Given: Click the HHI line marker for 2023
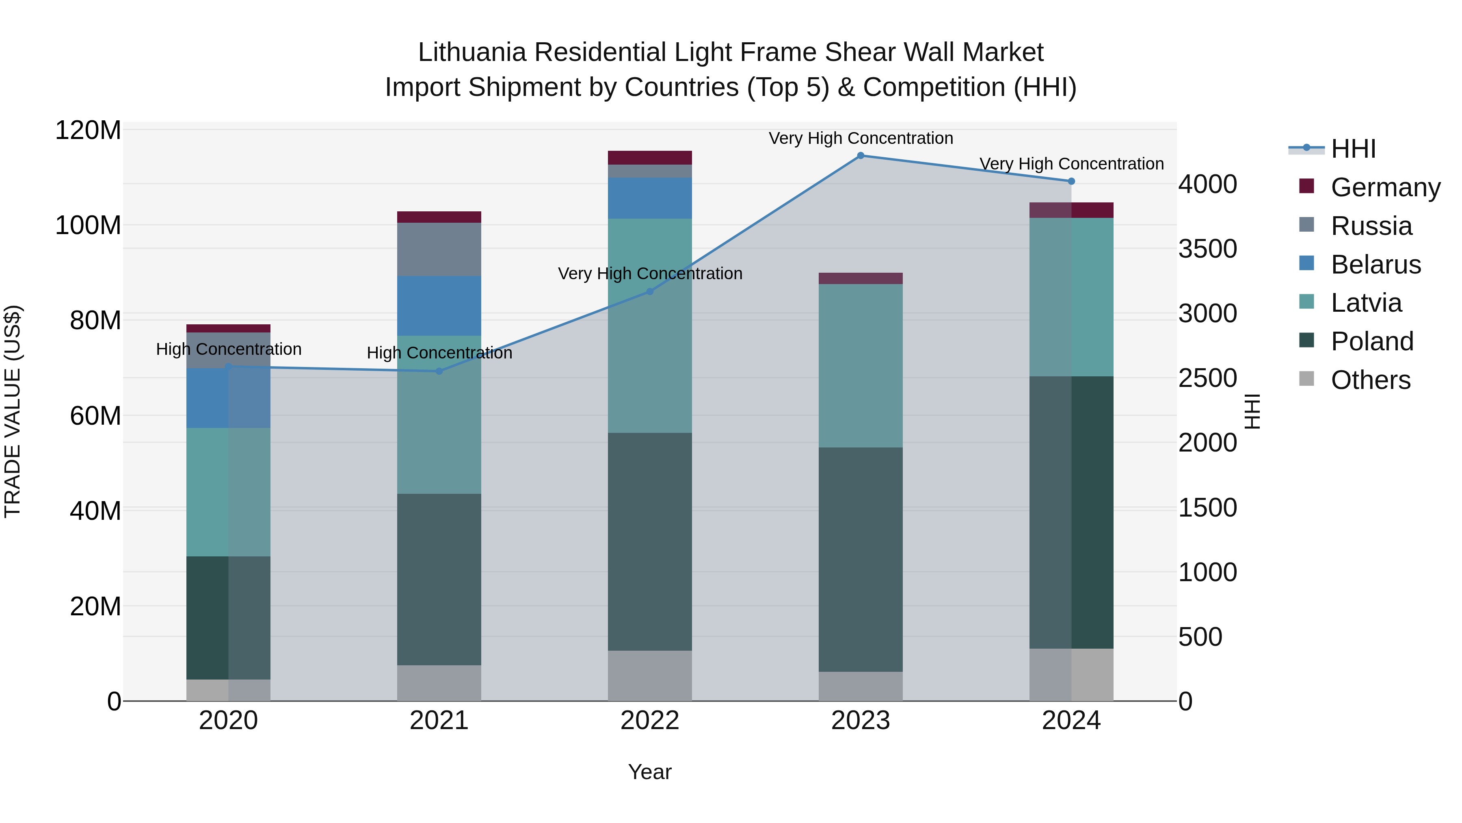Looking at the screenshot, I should click(x=861, y=156).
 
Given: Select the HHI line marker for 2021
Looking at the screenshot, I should click(x=439, y=371).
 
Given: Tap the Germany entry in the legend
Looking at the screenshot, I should click(x=1385, y=187).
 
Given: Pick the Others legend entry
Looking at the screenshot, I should click(x=1370, y=380).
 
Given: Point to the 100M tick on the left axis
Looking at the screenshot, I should click(x=88, y=226).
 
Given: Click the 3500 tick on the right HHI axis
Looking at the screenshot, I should click(x=1207, y=249).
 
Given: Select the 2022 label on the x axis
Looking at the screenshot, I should click(x=649, y=721).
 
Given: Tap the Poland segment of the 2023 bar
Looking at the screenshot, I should click(x=861, y=560).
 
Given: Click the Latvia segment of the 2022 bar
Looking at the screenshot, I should click(x=650, y=326).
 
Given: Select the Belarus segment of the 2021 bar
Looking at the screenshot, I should click(x=439, y=306).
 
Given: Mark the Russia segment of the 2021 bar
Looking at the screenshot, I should click(x=439, y=250).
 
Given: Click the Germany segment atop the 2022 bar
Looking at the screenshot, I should click(x=650, y=158).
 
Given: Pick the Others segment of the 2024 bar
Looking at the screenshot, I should click(x=1071, y=675).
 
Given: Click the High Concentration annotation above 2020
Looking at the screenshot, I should click(x=229, y=349).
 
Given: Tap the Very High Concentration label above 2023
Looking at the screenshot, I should click(x=861, y=139).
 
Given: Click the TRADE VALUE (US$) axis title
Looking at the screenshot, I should click(x=13, y=411).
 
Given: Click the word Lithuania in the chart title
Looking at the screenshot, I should click(x=472, y=52).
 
